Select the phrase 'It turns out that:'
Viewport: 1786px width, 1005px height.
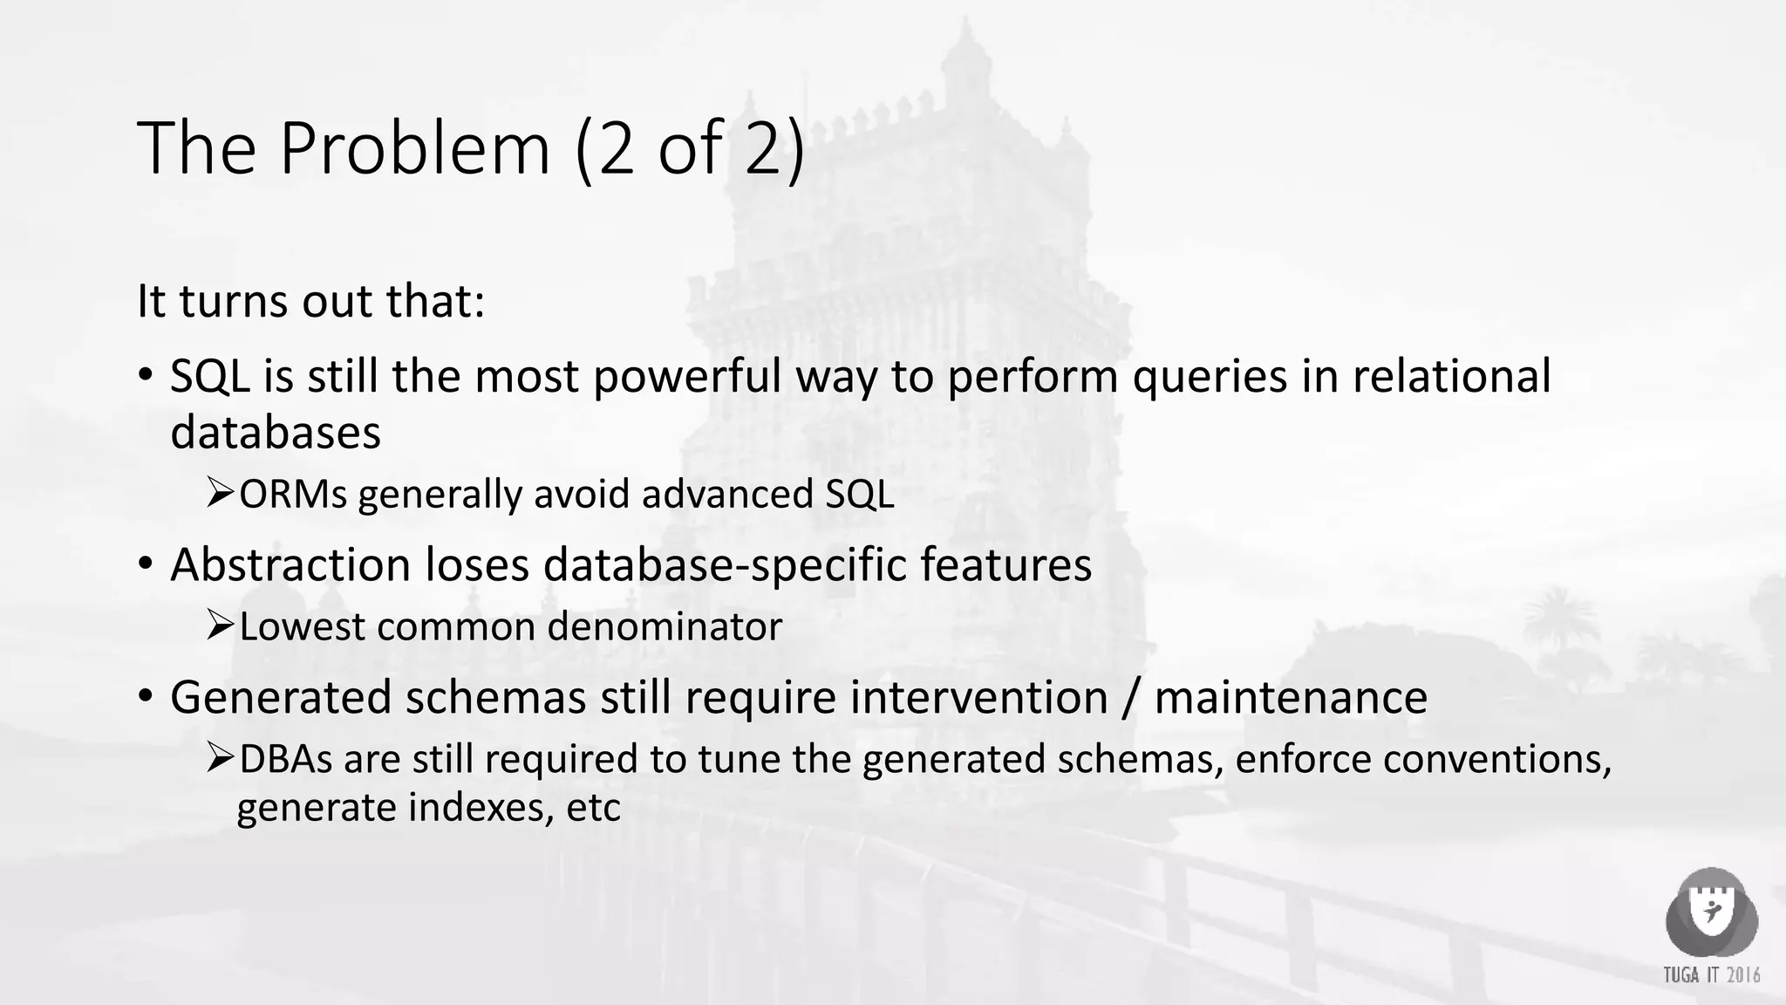point(310,301)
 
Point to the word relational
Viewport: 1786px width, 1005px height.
point(1451,377)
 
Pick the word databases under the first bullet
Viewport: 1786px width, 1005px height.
point(276,433)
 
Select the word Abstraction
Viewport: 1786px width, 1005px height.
point(290,564)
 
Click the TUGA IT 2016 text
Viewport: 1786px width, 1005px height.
point(1711,974)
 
